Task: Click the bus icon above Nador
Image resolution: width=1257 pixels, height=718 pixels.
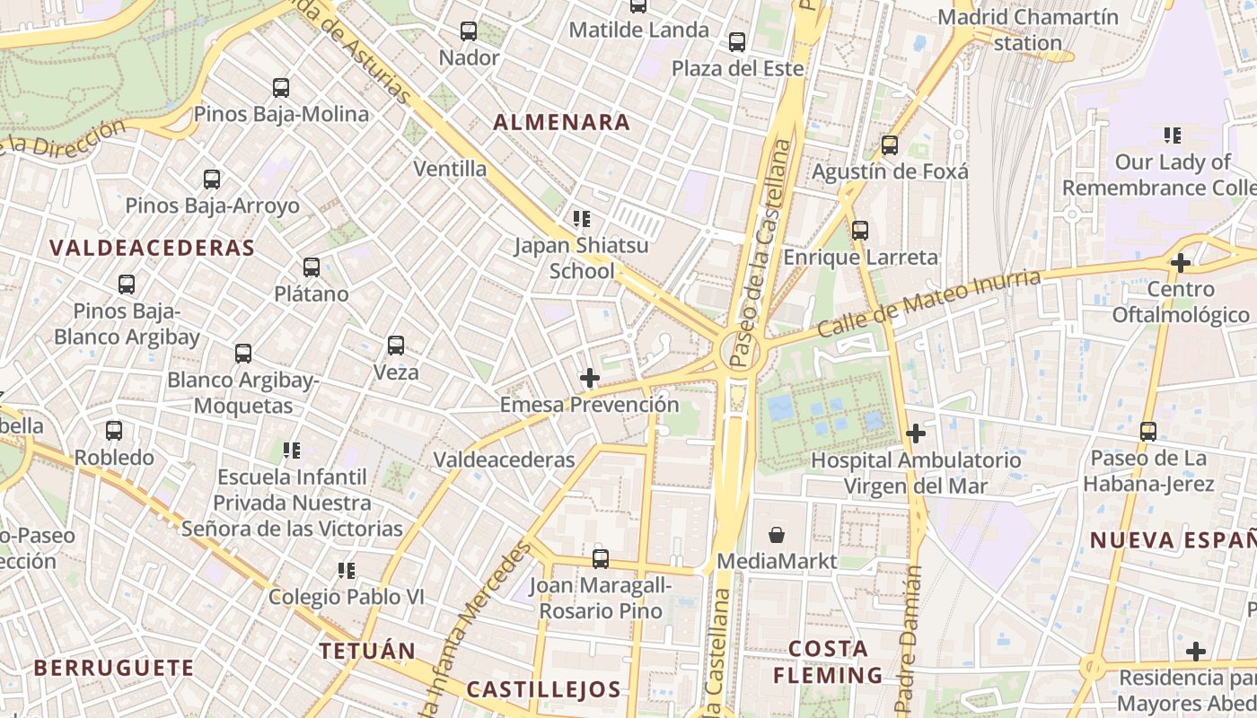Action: tap(469, 31)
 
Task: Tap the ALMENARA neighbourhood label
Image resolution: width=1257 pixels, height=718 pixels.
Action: tap(562, 123)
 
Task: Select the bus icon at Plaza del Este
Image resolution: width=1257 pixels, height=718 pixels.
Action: tap(737, 42)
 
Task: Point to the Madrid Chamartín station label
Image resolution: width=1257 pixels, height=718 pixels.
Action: tap(1028, 30)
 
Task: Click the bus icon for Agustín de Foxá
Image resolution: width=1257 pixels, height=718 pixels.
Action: tap(890, 144)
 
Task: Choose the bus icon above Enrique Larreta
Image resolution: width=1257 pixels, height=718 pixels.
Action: tap(860, 231)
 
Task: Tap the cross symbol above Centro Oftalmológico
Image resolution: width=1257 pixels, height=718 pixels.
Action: tap(1181, 263)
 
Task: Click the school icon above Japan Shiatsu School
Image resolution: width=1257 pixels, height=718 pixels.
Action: tap(581, 218)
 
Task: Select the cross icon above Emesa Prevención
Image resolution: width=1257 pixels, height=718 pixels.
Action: tap(589, 378)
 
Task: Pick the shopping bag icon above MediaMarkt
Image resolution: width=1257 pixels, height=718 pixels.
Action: tap(778, 535)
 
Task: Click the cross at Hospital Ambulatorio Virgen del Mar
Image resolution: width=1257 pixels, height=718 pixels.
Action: tap(915, 433)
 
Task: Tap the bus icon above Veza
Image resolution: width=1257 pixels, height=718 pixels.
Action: tap(396, 345)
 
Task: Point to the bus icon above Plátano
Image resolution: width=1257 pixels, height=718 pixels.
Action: tap(312, 267)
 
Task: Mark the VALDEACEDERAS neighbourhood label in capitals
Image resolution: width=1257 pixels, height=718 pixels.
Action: tap(152, 248)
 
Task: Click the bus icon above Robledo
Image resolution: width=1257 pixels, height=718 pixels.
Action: tap(114, 431)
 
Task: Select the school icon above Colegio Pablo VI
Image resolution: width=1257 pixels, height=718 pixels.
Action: tap(346, 570)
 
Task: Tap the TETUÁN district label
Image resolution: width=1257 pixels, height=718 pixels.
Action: tap(367, 651)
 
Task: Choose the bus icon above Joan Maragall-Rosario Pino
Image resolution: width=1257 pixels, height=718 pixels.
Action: tap(601, 558)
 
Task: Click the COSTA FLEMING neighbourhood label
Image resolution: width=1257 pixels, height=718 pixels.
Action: tap(828, 661)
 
